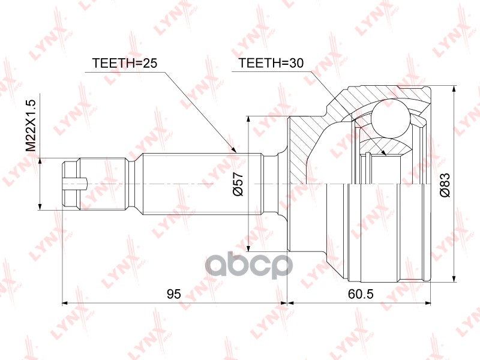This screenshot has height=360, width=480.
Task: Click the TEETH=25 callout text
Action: point(124,63)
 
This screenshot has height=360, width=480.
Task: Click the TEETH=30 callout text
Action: point(271,63)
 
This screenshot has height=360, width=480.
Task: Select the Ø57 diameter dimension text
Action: point(238,184)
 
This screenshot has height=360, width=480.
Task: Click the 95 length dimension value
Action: point(174,294)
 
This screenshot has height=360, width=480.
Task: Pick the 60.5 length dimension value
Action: point(361,294)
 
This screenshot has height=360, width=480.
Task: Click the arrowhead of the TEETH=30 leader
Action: point(384,153)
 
